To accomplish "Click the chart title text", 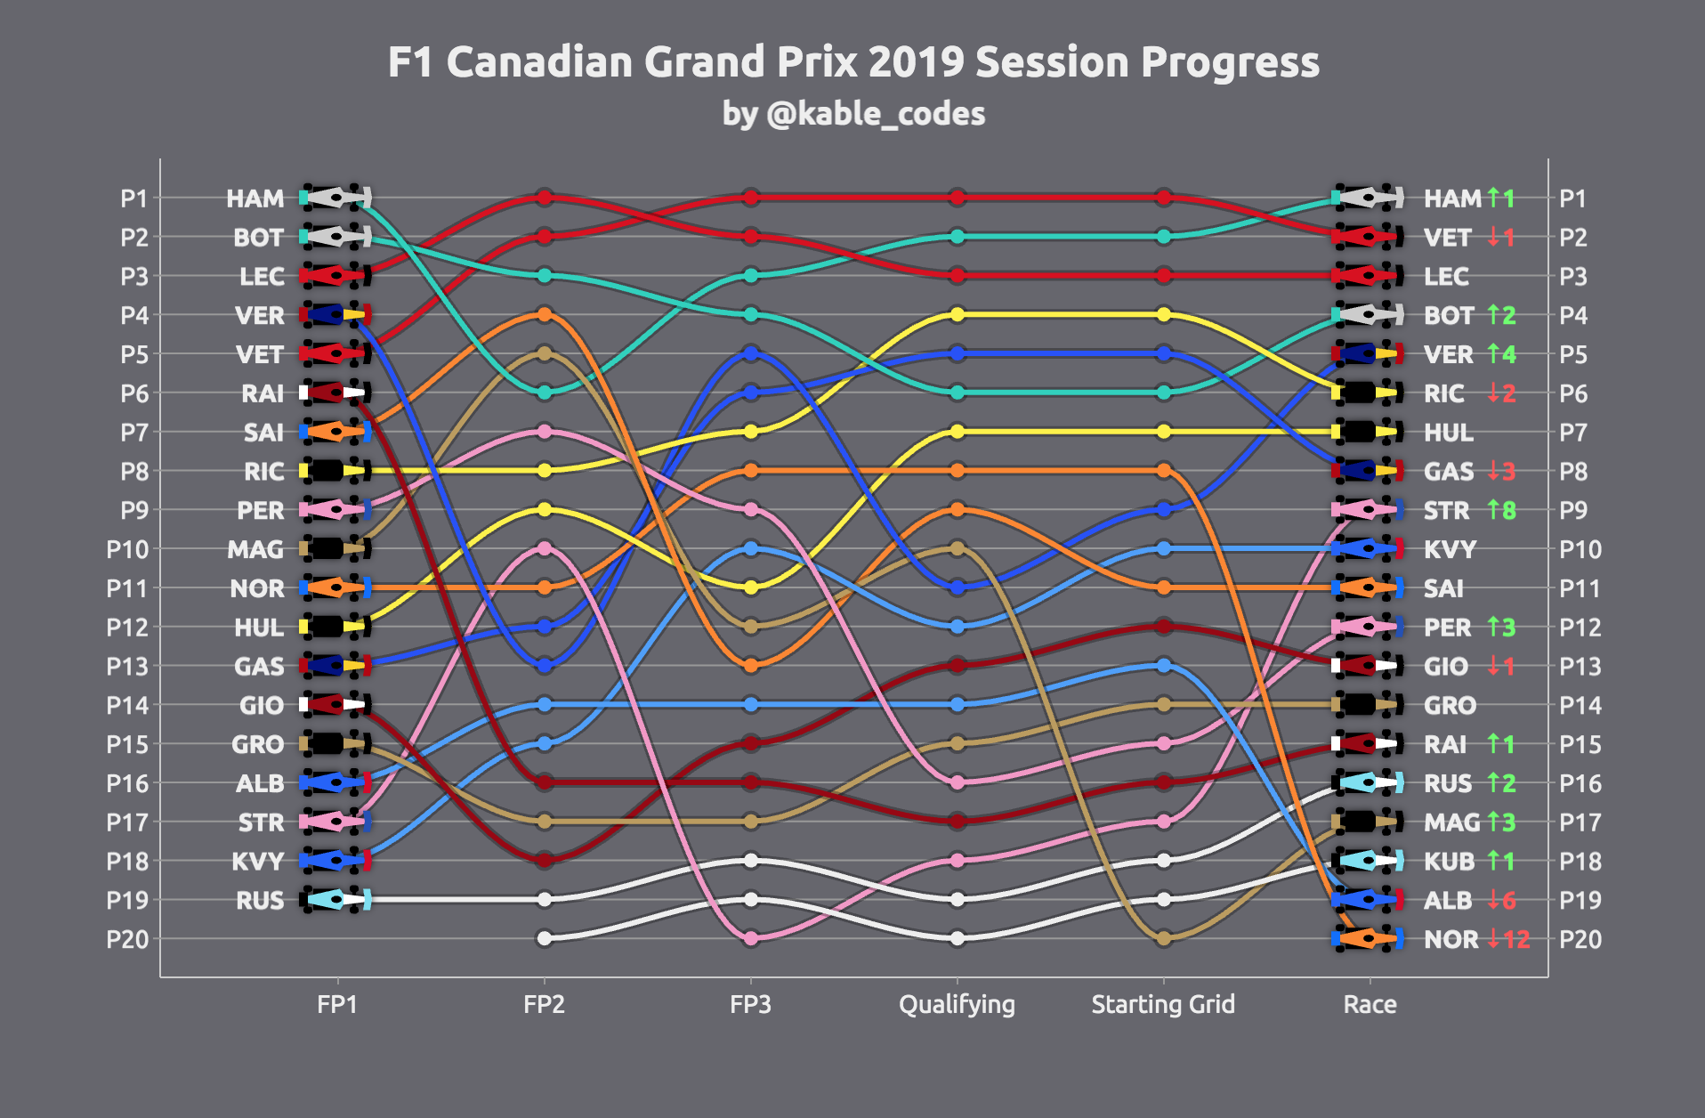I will coord(852,62).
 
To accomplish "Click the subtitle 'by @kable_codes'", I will coord(852,114).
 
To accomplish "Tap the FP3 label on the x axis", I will coord(750,1004).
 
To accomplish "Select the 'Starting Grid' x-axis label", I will coord(1163,1004).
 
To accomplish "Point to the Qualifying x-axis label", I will coord(957,1004).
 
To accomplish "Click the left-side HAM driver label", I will coord(255,198).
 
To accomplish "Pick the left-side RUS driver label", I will coord(260,900).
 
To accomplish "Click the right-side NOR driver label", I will coord(1450,939).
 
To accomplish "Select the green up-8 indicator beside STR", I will coord(1501,510).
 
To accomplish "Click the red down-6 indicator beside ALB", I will coord(1501,900).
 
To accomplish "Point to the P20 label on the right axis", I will coord(1580,939).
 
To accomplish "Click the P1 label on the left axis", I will coord(133,198).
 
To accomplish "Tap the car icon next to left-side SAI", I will coord(335,433).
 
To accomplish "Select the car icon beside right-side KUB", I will coord(1368,861).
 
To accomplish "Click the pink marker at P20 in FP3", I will coord(751,938).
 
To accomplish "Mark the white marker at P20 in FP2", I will coord(545,938).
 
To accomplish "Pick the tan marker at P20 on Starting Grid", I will coord(1163,938).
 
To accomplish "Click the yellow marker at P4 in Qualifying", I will coord(958,314).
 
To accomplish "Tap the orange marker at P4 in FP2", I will coord(545,314).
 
